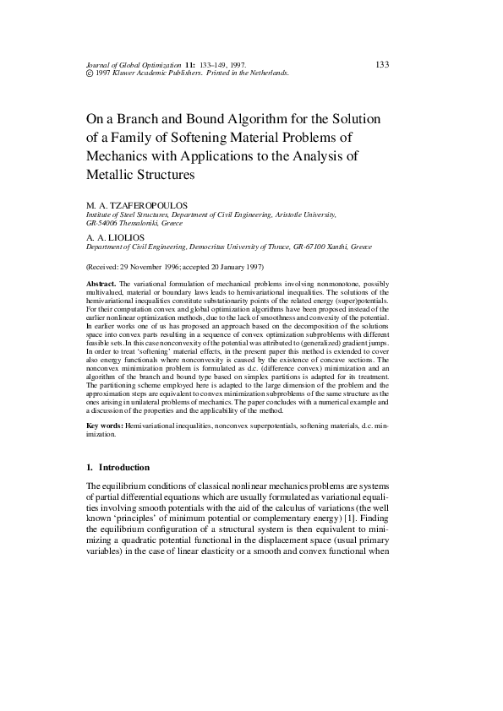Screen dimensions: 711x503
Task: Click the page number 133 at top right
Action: (381, 64)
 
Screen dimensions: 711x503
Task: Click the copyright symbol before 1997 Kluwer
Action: (90, 73)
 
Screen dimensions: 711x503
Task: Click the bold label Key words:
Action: (105, 427)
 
